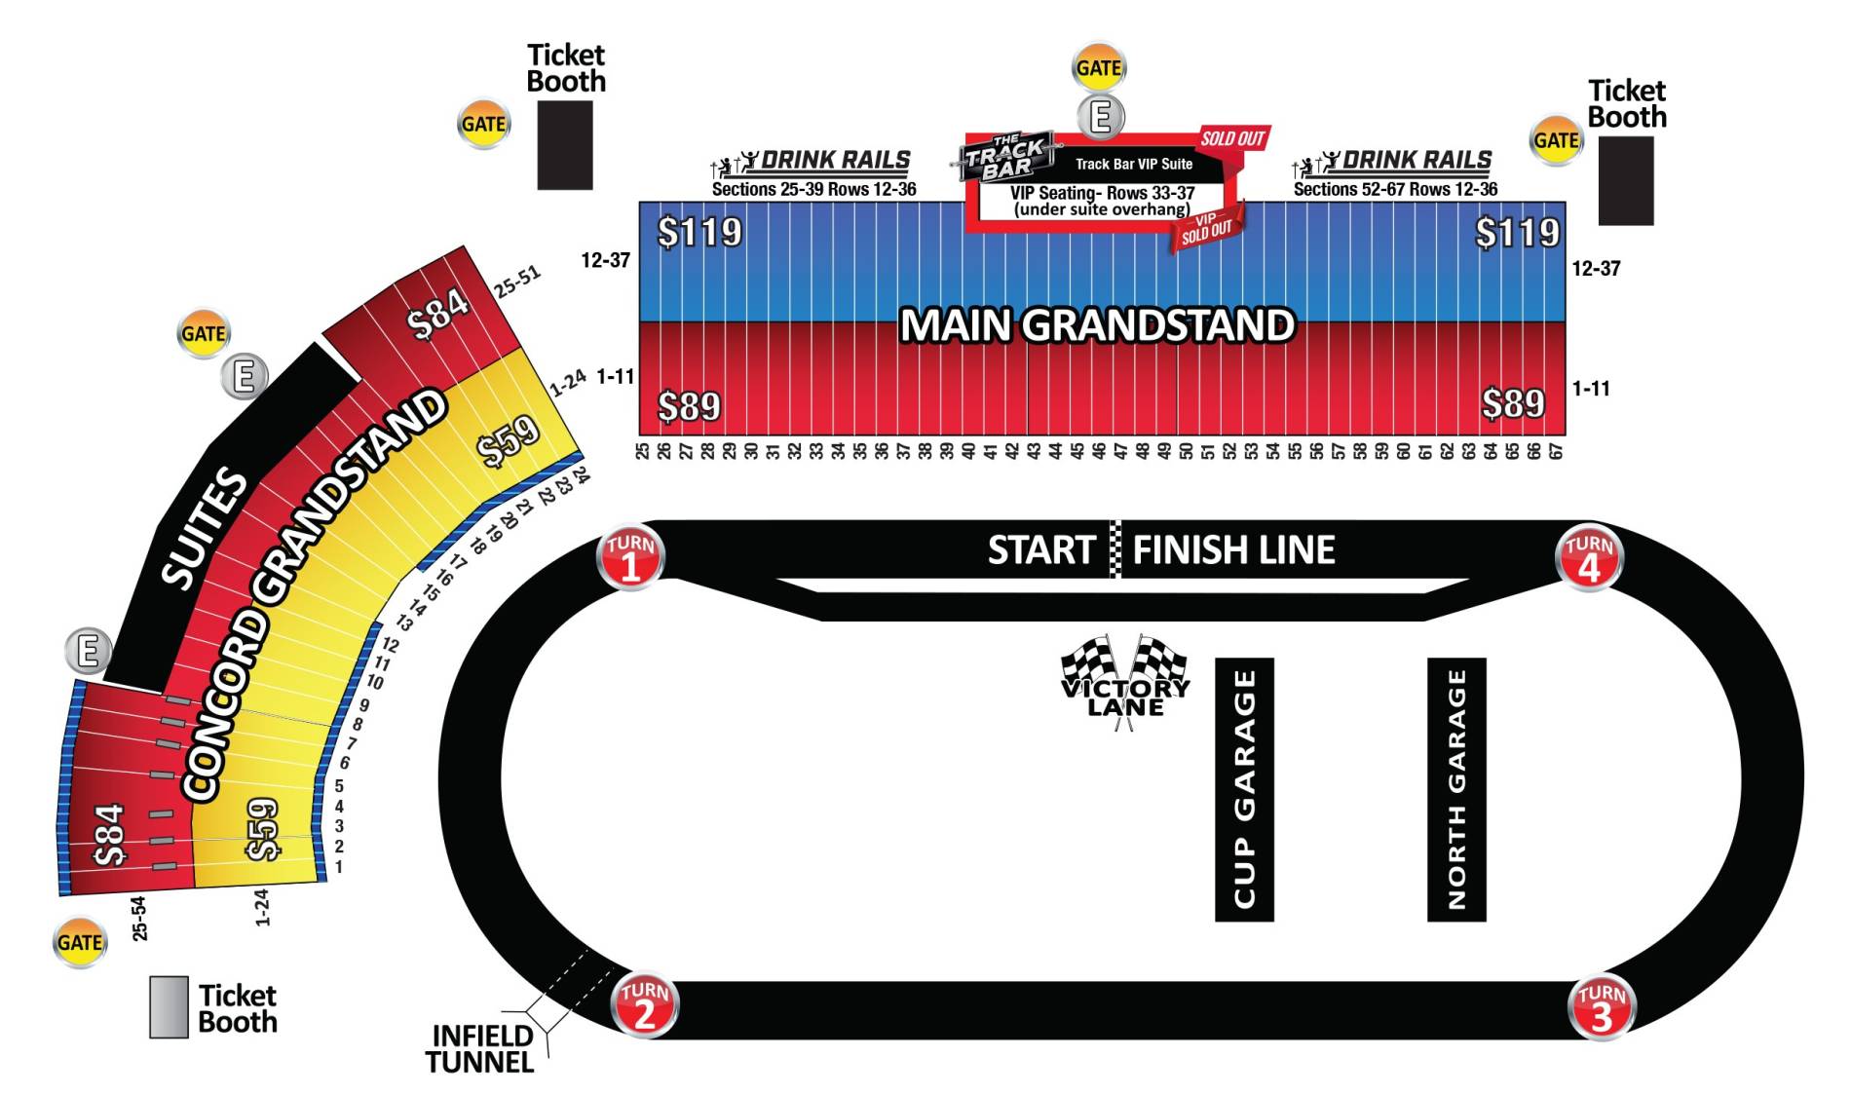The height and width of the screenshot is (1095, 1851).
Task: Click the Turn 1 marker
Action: [630, 558]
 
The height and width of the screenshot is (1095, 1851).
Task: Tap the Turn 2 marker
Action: [644, 1004]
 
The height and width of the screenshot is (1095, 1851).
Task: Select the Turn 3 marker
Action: [1602, 1006]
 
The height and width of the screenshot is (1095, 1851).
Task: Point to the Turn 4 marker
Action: [1589, 558]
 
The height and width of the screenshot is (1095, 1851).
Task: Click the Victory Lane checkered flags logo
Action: [1125, 678]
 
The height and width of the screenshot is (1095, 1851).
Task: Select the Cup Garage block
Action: [1244, 789]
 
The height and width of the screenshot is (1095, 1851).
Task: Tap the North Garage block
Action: [1456, 789]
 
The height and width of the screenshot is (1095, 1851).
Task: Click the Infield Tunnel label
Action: [480, 1048]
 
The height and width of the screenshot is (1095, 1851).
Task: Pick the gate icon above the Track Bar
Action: [1099, 68]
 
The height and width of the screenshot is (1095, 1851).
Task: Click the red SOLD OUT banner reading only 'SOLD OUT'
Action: [1232, 138]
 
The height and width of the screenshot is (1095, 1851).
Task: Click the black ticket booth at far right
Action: [1626, 181]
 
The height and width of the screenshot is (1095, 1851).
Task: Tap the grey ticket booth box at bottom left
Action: [169, 1007]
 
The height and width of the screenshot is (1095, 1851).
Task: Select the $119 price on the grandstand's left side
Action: [699, 232]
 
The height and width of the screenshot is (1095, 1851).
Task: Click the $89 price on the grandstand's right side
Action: [1513, 402]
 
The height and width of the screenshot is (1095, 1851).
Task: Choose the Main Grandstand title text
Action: [1097, 325]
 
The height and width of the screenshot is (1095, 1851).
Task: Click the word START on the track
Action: [1041, 550]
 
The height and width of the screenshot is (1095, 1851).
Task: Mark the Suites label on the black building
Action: [205, 528]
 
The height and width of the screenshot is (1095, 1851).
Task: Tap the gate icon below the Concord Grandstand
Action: [80, 942]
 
